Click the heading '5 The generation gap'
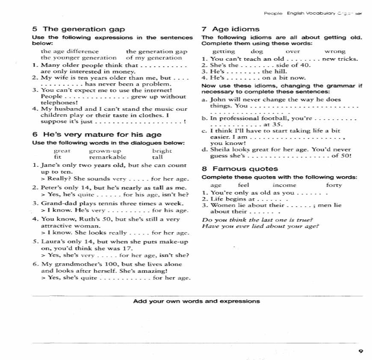coord(79,29)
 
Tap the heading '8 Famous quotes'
coord(239,169)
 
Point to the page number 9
coord(360,351)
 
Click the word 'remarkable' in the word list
coord(108,157)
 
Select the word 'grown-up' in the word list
coord(105,151)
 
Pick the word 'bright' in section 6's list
coord(162,151)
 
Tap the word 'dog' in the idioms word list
coord(257,51)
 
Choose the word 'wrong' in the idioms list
coord(335,51)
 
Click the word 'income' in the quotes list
coord(284,185)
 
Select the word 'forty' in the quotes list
coord(334,185)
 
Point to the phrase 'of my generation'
coord(154,57)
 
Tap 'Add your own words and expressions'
coord(196,301)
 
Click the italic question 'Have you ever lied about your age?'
coord(260,226)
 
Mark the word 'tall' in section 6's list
coord(157,157)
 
